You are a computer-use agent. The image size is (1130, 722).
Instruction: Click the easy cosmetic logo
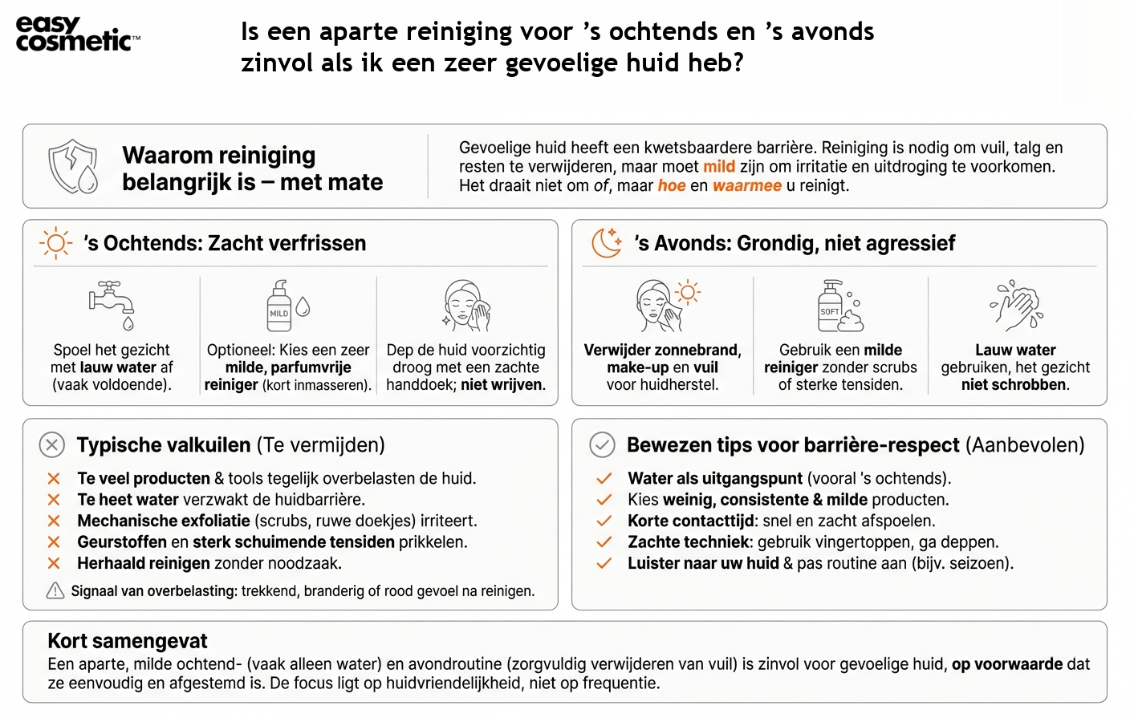(x=77, y=34)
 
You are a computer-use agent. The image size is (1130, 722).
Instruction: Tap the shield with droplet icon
(x=73, y=167)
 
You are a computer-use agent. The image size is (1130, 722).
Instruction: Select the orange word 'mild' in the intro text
(x=719, y=167)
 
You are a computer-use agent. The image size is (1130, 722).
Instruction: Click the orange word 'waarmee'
(x=746, y=186)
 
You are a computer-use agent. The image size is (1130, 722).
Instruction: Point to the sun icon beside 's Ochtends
(x=55, y=243)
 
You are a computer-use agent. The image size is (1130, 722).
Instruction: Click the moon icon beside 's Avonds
(x=607, y=243)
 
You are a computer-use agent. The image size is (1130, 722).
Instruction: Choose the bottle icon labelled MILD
(x=280, y=306)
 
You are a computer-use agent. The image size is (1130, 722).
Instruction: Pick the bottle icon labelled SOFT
(x=831, y=306)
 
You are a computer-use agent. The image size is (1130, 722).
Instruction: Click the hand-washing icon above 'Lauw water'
(x=1015, y=306)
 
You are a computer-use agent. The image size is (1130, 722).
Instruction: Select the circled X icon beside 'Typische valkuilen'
(x=52, y=444)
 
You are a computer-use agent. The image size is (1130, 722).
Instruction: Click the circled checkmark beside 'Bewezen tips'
(x=602, y=444)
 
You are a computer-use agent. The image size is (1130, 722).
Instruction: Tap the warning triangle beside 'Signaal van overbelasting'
(x=55, y=591)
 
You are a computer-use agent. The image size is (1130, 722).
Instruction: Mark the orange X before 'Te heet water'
(x=54, y=500)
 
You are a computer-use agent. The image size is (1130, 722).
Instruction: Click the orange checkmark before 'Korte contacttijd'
(x=604, y=521)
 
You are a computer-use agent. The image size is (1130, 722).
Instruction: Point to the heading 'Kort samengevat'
(x=128, y=641)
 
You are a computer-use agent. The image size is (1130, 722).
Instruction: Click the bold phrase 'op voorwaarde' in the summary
(x=1007, y=664)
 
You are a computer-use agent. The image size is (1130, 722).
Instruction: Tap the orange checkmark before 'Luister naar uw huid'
(x=604, y=563)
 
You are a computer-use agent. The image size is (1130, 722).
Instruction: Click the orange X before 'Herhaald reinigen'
(x=54, y=563)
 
